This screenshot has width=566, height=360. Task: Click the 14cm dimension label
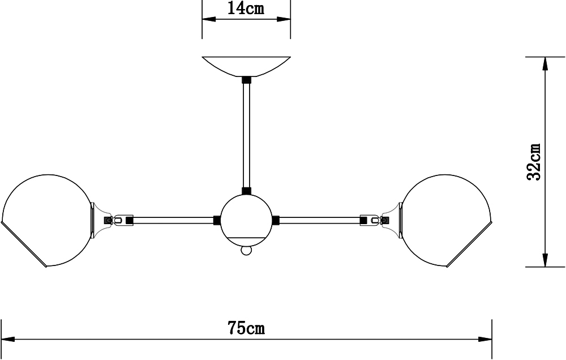click(246, 8)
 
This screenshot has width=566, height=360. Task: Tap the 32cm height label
click(534, 162)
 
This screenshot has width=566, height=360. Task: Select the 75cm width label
click(246, 328)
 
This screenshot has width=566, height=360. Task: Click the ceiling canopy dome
click(246, 66)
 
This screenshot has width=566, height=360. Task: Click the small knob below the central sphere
click(246, 250)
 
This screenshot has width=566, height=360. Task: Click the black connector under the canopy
click(246, 80)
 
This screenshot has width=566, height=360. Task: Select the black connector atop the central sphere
click(246, 191)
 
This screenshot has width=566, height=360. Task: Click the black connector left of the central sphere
click(217, 220)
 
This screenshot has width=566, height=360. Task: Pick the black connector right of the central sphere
click(276, 220)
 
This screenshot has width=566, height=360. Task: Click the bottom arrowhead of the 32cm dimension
click(545, 260)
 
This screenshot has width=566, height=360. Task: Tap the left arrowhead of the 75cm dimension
click(8, 340)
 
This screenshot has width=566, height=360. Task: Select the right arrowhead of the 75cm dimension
click(485, 340)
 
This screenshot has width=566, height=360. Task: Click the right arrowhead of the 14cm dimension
click(284, 19)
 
